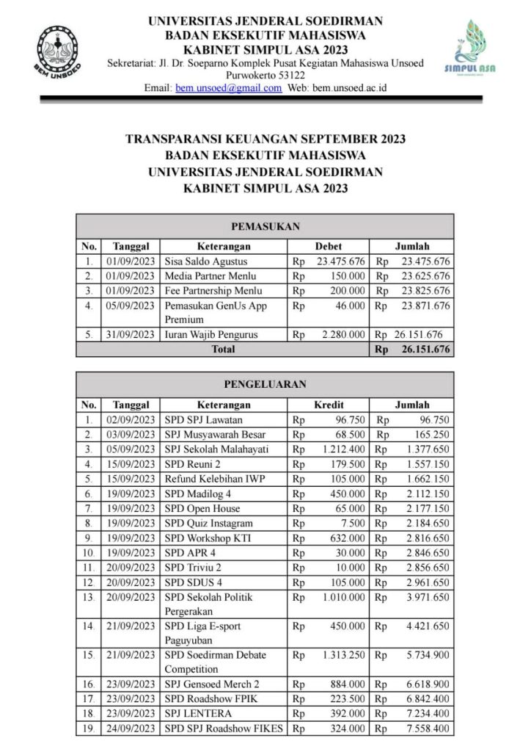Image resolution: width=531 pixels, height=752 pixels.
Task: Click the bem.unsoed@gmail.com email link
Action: point(228,88)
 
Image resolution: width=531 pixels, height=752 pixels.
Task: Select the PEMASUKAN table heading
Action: point(265,227)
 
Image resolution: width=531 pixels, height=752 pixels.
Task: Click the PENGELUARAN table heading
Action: point(265,383)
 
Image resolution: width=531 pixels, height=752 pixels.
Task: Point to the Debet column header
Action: point(328,247)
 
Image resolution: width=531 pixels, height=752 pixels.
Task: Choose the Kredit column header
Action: point(329,405)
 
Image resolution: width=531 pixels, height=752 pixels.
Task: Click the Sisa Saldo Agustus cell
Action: point(206,261)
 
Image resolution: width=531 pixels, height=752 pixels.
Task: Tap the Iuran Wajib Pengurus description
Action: point(211,335)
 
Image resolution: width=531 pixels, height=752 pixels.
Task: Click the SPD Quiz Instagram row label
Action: point(208,523)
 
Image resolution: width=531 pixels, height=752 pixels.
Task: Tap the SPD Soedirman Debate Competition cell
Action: point(216,662)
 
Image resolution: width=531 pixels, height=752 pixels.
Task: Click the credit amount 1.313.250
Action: point(344,655)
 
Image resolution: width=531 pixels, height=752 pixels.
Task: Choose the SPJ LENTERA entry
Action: point(198,714)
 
